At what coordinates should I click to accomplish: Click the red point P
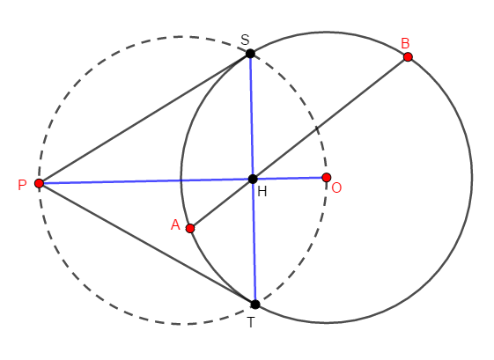(x=39, y=183)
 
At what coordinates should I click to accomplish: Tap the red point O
(x=327, y=177)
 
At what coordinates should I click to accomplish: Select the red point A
(x=190, y=228)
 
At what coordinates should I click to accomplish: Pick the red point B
(x=408, y=56)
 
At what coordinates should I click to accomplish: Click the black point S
(x=250, y=54)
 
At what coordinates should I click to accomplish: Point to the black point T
(x=255, y=305)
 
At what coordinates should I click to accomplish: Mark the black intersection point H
(x=253, y=179)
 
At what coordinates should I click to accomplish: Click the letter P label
(x=22, y=185)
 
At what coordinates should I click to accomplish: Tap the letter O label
(x=336, y=187)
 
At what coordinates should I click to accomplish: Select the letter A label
(x=175, y=224)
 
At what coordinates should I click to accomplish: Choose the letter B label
(x=405, y=43)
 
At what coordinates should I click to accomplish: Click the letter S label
(x=245, y=40)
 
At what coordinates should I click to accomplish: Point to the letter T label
(x=251, y=322)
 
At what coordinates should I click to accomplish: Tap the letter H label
(x=262, y=191)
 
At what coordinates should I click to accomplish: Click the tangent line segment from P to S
(x=144, y=119)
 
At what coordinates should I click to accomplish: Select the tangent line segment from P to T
(x=147, y=244)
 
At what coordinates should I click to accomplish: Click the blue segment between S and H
(x=252, y=116)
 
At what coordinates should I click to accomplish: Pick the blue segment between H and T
(x=254, y=241)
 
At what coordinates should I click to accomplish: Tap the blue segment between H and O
(x=290, y=179)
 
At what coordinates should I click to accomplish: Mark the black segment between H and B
(x=330, y=118)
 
